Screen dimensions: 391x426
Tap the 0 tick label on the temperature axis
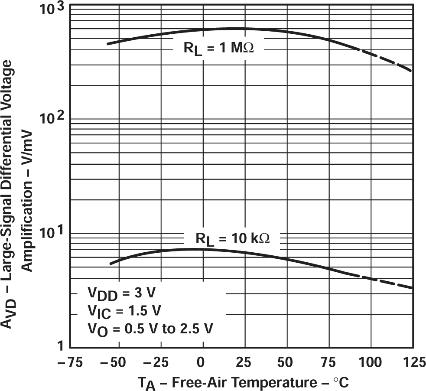coord(201,361)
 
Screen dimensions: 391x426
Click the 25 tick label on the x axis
coord(244,361)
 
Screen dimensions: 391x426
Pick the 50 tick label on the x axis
coord(286,361)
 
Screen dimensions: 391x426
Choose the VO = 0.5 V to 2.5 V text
coord(150,328)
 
